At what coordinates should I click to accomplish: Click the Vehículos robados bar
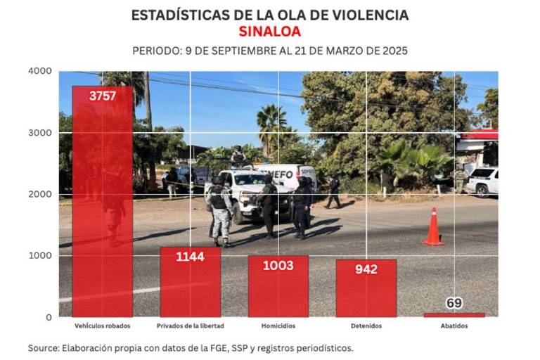pyautogui.click(x=102, y=204)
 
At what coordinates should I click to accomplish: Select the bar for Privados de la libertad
pyautogui.click(x=190, y=285)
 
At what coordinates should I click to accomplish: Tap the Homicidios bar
pyautogui.click(x=278, y=288)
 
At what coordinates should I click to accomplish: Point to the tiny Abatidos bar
pyautogui.click(x=454, y=314)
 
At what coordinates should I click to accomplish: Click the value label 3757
pyautogui.click(x=102, y=96)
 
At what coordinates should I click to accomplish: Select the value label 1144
pyautogui.click(x=190, y=257)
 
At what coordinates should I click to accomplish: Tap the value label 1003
pyautogui.click(x=278, y=265)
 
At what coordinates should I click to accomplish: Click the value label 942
pyautogui.click(x=366, y=269)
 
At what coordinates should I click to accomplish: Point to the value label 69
pyautogui.click(x=454, y=303)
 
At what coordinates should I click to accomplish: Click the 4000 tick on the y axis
pyautogui.click(x=40, y=71)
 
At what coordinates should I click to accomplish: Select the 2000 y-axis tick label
pyautogui.click(x=40, y=194)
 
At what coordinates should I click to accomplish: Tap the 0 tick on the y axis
pyautogui.click(x=49, y=317)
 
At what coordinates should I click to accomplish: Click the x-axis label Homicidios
pyautogui.click(x=278, y=326)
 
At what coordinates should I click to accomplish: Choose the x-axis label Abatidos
pyautogui.click(x=454, y=326)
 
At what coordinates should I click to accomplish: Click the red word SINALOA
pyautogui.click(x=269, y=32)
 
